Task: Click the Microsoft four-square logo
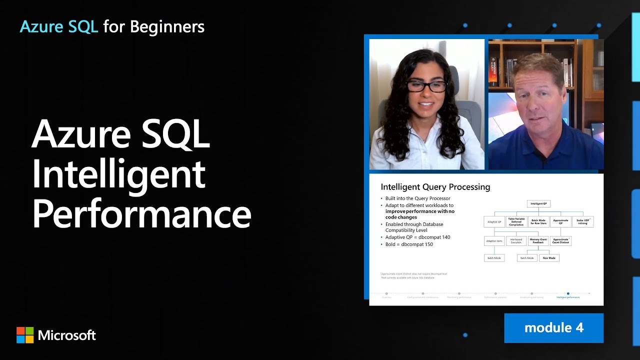25,335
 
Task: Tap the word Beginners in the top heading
167,26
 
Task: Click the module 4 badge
553,328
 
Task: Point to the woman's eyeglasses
426,86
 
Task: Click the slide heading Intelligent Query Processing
435,187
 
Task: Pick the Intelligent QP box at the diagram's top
538,203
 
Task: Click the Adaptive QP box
494,222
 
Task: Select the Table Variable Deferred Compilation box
516,222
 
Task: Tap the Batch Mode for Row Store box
538,222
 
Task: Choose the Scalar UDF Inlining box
582,222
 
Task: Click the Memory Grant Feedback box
538,241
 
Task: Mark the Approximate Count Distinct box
560,241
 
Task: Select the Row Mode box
549,258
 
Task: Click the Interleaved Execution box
516,241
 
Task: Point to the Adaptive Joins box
494,241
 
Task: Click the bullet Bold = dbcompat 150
409,244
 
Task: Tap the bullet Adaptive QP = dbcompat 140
417,237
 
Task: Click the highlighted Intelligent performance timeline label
568,297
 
